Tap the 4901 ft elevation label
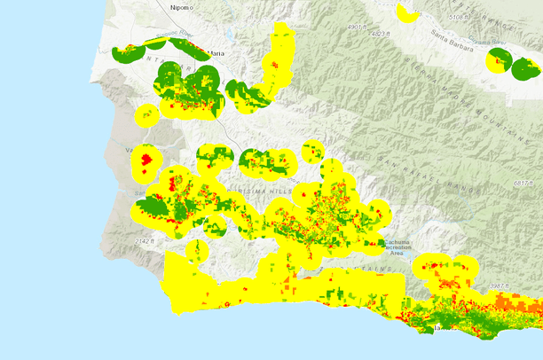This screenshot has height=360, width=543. pyautogui.click(x=356, y=27)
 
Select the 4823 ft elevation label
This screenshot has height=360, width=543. pyautogui.click(x=379, y=34)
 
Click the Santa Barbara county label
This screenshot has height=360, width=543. pyautogui.click(x=459, y=36)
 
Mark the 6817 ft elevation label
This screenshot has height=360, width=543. pyautogui.click(x=525, y=183)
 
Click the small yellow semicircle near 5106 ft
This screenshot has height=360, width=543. pyautogui.click(x=409, y=12)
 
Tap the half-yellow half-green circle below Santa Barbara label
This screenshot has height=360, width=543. pyautogui.click(x=499, y=61)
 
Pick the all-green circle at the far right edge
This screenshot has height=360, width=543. pyautogui.click(x=526, y=67)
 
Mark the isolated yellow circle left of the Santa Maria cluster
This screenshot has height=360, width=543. pyautogui.click(x=146, y=114)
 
